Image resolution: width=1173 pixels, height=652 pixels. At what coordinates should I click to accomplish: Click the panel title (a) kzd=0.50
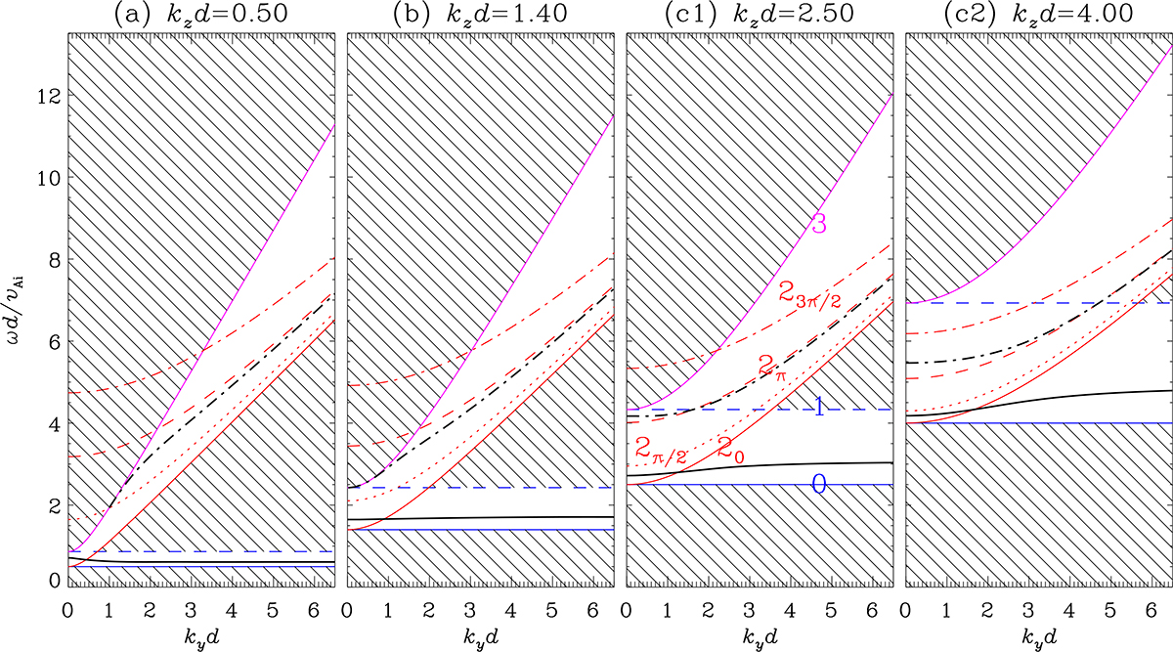[200, 16]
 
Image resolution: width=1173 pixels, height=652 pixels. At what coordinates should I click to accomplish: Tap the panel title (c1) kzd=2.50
[759, 16]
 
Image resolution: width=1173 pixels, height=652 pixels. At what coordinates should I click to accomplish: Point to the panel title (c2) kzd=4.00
[1038, 16]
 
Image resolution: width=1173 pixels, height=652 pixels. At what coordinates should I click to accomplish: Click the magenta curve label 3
[819, 224]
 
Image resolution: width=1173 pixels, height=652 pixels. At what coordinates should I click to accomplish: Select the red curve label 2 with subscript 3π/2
[808, 292]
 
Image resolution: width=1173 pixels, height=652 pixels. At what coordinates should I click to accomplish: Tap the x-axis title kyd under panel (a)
[200, 635]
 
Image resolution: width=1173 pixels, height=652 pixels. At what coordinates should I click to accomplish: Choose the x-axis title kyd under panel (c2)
[1038, 635]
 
